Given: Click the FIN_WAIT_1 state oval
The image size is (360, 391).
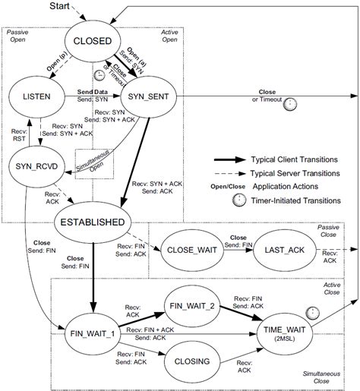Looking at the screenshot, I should tap(87, 332).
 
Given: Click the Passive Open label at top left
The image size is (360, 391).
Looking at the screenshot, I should tap(17, 37).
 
